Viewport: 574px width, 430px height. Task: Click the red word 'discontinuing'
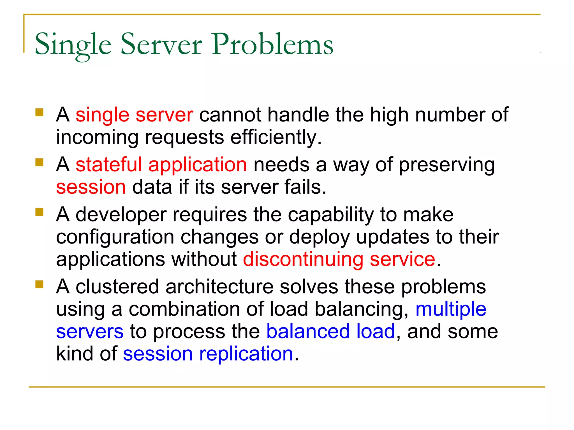tap(303, 259)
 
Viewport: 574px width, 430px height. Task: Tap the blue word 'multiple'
tap(451, 309)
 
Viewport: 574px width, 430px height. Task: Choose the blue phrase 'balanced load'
tap(330, 331)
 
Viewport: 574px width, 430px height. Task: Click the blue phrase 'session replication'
tap(208, 354)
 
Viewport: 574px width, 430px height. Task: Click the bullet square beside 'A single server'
tap(40, 113)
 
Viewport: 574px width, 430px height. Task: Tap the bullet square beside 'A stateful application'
tap(40, 162)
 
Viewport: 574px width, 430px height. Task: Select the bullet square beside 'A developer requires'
tap(40, 212)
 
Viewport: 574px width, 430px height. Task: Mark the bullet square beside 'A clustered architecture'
tap(40, 284)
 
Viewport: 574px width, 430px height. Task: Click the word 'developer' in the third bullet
tap(119, 215)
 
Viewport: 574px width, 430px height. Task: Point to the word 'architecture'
tap(219, 287)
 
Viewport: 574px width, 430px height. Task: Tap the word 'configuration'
tap(115, 237)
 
